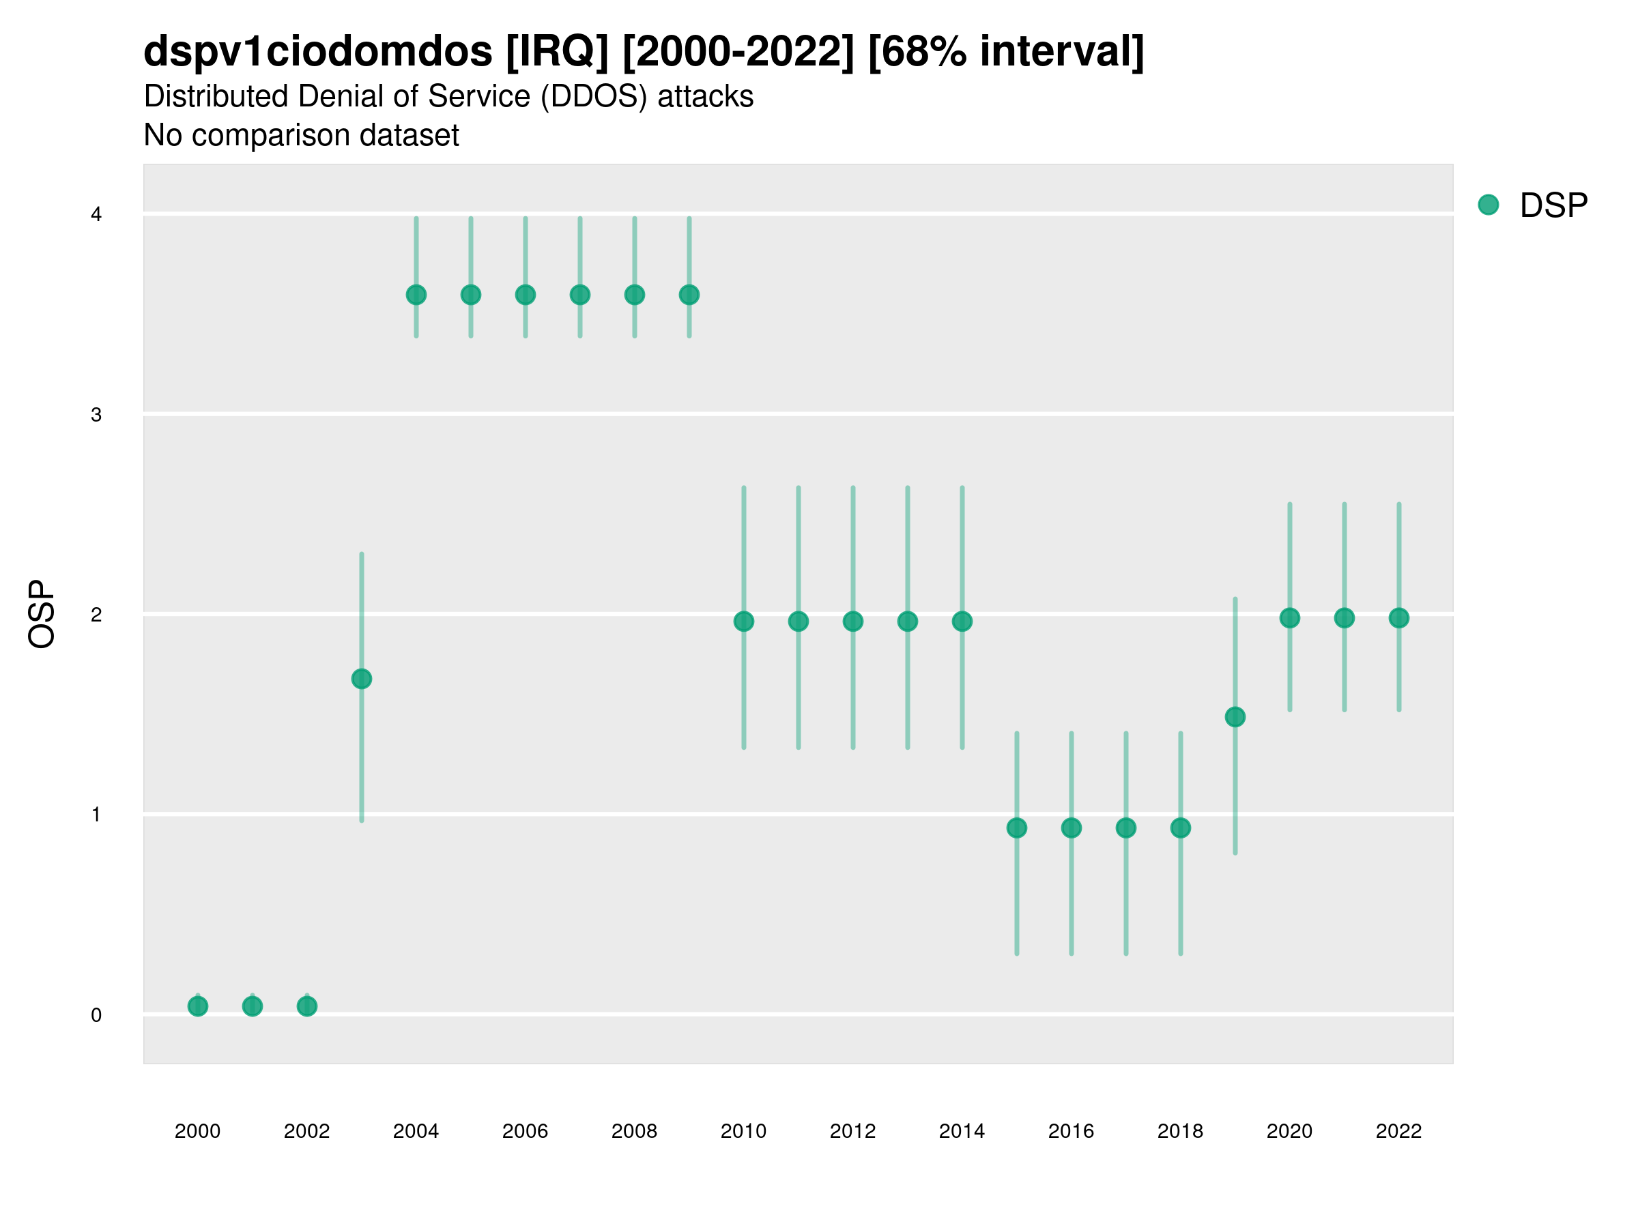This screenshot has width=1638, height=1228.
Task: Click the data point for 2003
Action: click(x=361, y=679)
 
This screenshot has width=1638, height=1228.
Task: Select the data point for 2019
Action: click(x=1235, y=716)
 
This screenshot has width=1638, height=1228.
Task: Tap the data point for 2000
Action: click(x=198, y=1006)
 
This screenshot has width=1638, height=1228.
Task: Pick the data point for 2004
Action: click(x=416, y=295)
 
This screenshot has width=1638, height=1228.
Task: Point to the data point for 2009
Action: click(x=689, y=295)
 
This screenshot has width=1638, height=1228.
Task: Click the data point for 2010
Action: click(x=743, y=621)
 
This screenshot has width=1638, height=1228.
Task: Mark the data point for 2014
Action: click(x=962, y=621)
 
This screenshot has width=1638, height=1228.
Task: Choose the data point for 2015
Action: click(x=1017, y=828)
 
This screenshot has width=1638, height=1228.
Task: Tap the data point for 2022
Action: click(x=1399, y=617)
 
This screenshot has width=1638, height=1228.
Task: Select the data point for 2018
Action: click(x=1180, y=828)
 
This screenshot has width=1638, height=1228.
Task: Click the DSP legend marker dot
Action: click(x=1489, y=204)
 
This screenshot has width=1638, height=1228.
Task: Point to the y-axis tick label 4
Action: click(x=96, y=215)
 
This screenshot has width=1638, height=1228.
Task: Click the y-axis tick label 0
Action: click(x=96, y=1015)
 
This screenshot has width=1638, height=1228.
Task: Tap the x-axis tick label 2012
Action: click(x=852, y=1131)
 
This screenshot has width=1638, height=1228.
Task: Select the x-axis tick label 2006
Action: click(x=525, y=1131)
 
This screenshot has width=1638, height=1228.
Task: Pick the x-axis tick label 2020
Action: click(x=1289, y=1131)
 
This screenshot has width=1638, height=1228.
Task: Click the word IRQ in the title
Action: click(x=557, y=52)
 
